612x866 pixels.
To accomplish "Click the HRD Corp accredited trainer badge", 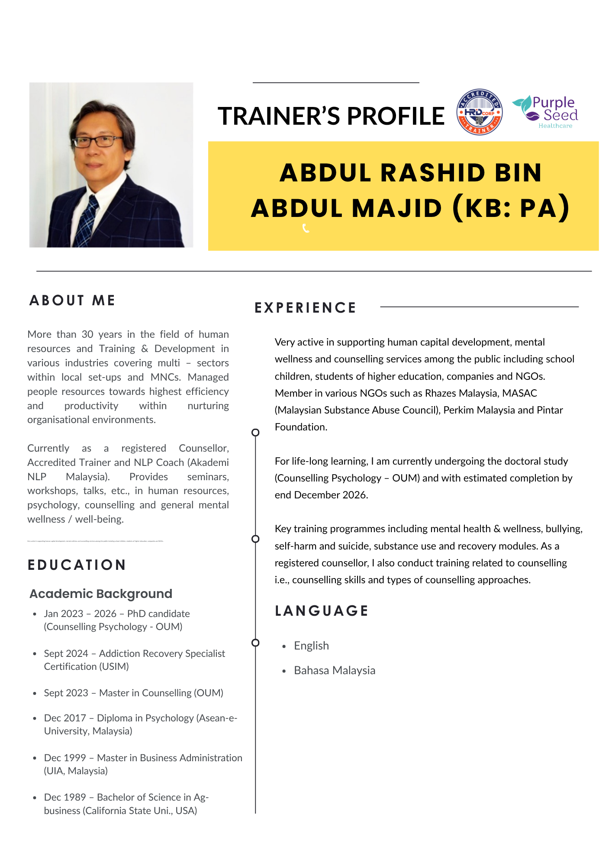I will tap(480, 112).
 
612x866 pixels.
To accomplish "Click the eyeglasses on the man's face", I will tap(98, 141).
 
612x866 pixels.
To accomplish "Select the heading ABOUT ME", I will tap(72, 301).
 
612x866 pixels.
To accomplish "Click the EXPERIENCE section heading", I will tap(305, 308).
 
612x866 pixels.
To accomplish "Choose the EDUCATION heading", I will tap(77, 565).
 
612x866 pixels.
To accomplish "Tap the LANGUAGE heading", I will tap(322, 611).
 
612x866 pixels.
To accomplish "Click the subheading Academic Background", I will tap(101, 594).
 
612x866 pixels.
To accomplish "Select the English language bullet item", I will tap(311, 646).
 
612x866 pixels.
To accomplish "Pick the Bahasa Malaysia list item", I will tap(335, 670).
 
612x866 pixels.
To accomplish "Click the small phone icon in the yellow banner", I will tap(306, 228).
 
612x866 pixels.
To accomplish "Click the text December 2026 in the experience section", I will tap(331, 495).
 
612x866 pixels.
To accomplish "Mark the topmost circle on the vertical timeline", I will tap(255, 432).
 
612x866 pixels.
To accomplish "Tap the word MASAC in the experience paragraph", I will tap(519, 393).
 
